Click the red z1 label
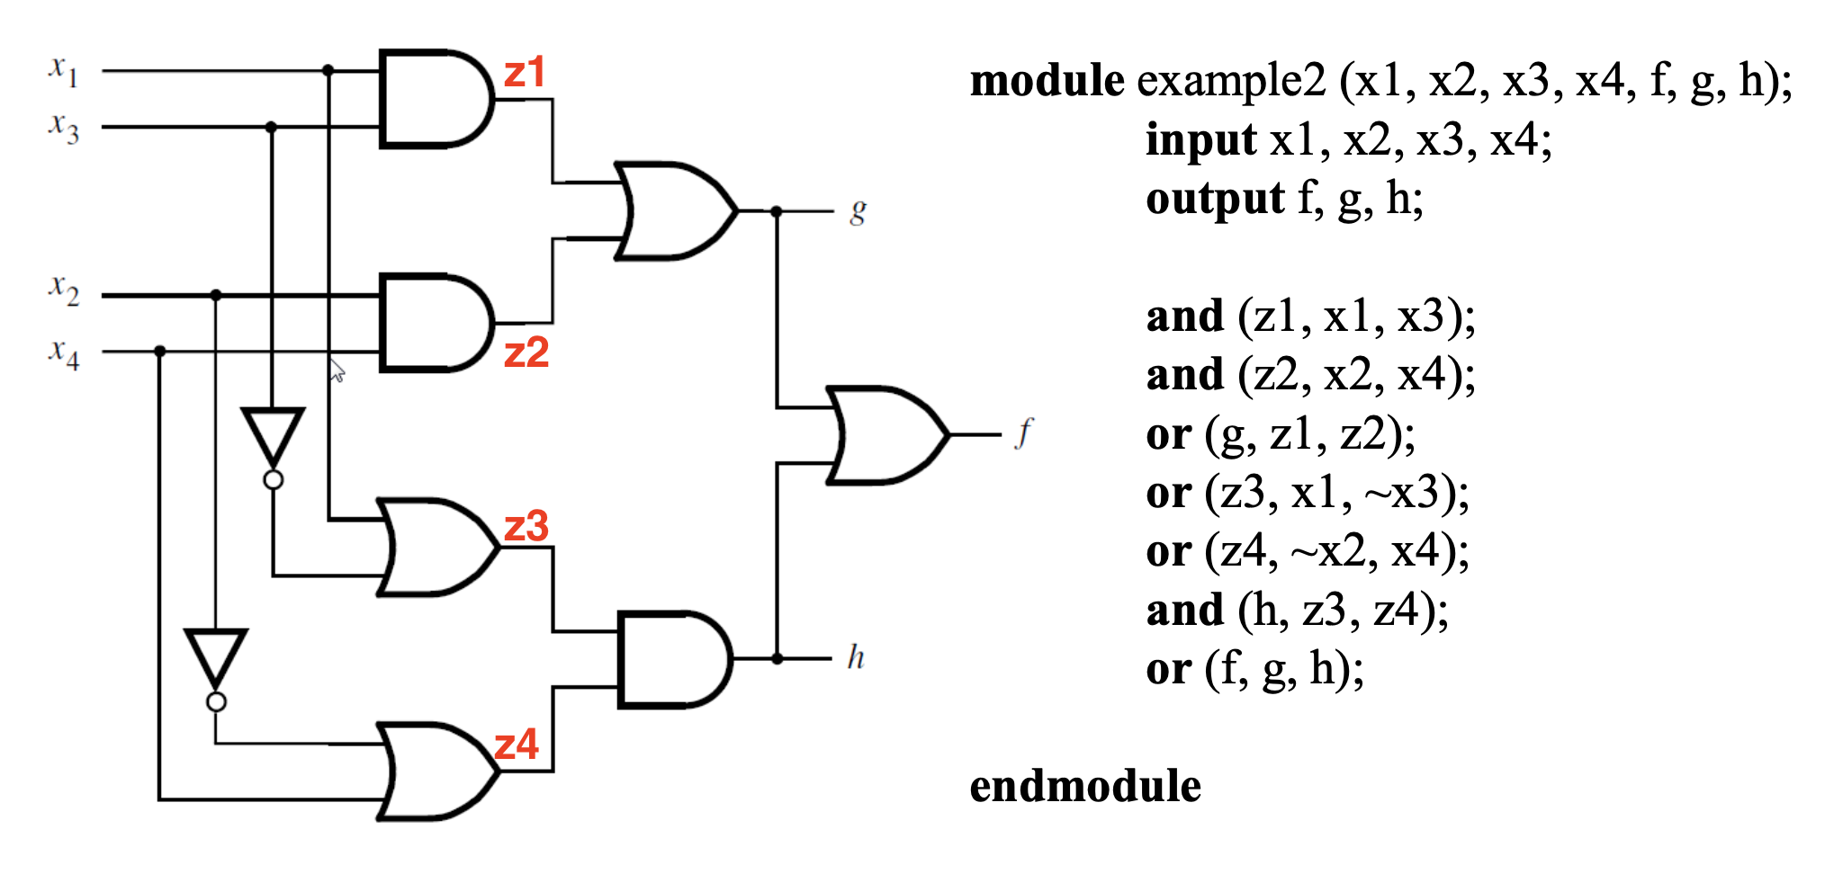point(525,72)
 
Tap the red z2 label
point(526,352)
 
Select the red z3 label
point(526,526)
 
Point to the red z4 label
point(517,745)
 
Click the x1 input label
point(63,70)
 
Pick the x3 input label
point(63,127)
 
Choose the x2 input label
point(63,290)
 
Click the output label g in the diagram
point(858,213)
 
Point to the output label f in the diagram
point(1024,433)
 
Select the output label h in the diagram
point(856,656)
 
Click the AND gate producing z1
point(436,98)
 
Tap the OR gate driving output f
point(886,435)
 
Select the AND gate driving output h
point(675,660)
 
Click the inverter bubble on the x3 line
point(273,480)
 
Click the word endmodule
point(1085,786)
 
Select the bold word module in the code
point(1047,80)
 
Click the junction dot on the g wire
point(777,211)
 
